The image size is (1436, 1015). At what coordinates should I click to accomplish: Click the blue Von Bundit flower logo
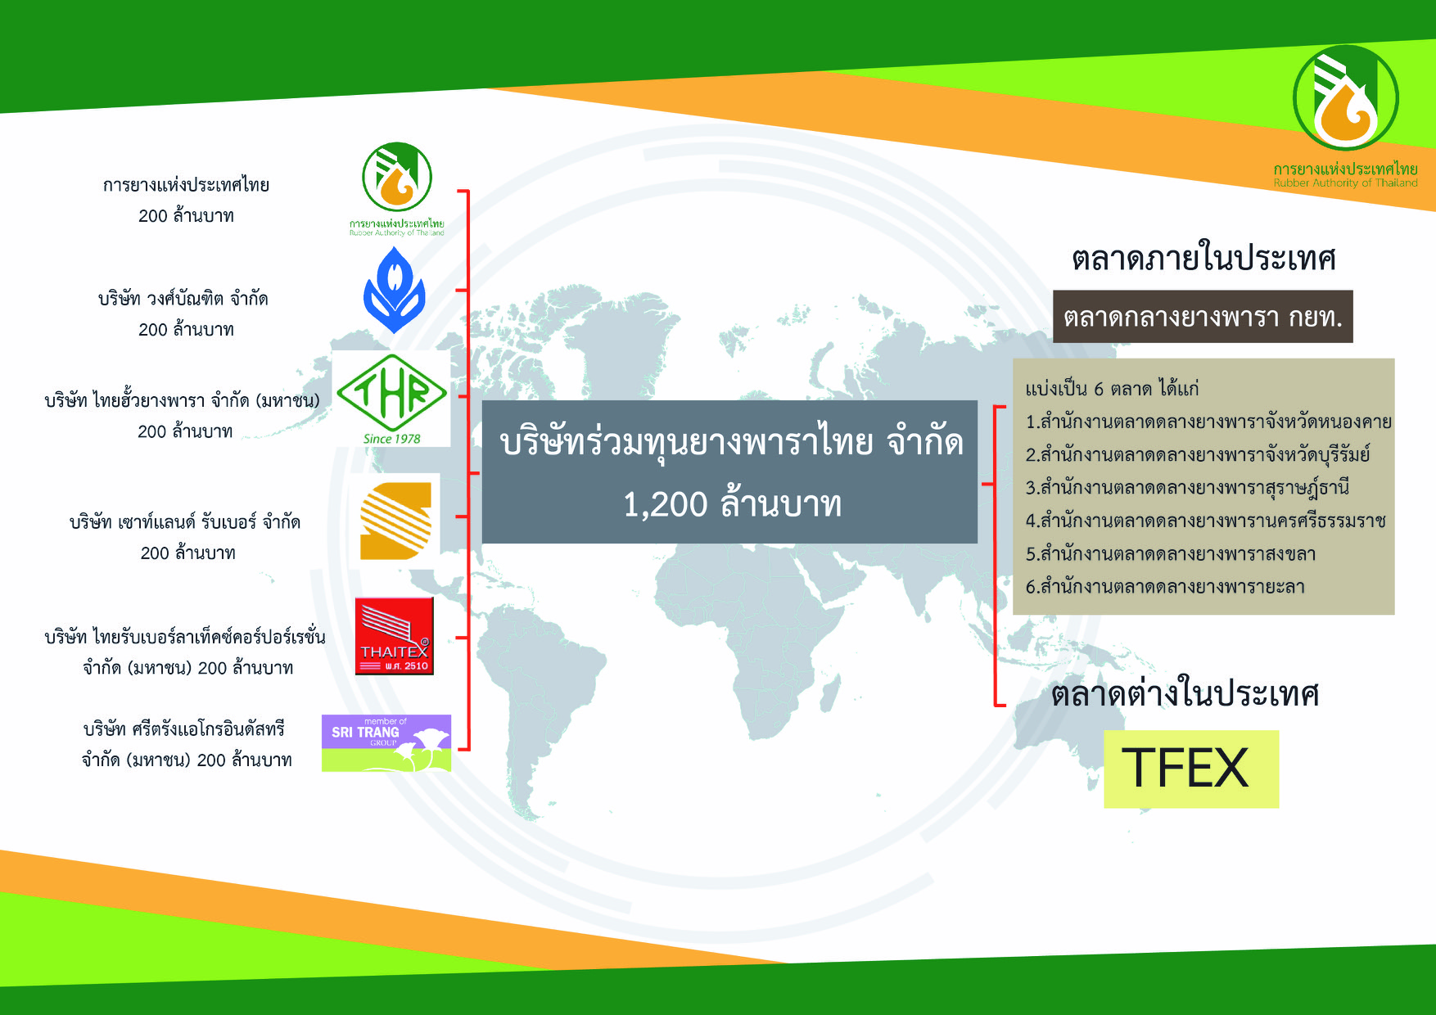(394, 290)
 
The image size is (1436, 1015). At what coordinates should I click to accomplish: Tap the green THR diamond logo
(392, 392)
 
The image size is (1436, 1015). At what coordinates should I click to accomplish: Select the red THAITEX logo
(394, 636)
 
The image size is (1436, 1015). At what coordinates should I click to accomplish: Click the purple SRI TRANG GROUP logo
(386, 743)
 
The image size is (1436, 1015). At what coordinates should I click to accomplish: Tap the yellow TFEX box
(1191, 769)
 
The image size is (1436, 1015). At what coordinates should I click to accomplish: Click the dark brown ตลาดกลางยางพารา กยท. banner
(1203, 317)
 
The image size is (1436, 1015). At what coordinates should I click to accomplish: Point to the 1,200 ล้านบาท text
(733, 504)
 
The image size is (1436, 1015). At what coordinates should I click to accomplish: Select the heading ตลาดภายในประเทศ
(1203, 259)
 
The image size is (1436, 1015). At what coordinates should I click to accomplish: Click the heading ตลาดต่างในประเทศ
(1185, 694)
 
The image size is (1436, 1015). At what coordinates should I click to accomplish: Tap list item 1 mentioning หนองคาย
(1208, 422)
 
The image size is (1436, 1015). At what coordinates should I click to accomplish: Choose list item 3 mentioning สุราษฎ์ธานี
(1187, 488)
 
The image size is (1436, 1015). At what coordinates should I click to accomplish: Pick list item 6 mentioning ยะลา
(1165, 587)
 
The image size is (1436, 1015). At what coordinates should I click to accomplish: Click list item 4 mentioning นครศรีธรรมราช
(1205, 521)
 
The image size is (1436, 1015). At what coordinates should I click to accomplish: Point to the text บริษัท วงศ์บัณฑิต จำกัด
(183, 299)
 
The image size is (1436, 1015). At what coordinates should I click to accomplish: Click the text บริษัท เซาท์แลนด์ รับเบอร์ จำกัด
(185, 522)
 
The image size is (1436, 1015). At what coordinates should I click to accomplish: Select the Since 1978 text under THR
(392, 439)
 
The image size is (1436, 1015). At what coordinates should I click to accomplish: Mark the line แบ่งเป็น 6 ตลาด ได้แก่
(1112, 389)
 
